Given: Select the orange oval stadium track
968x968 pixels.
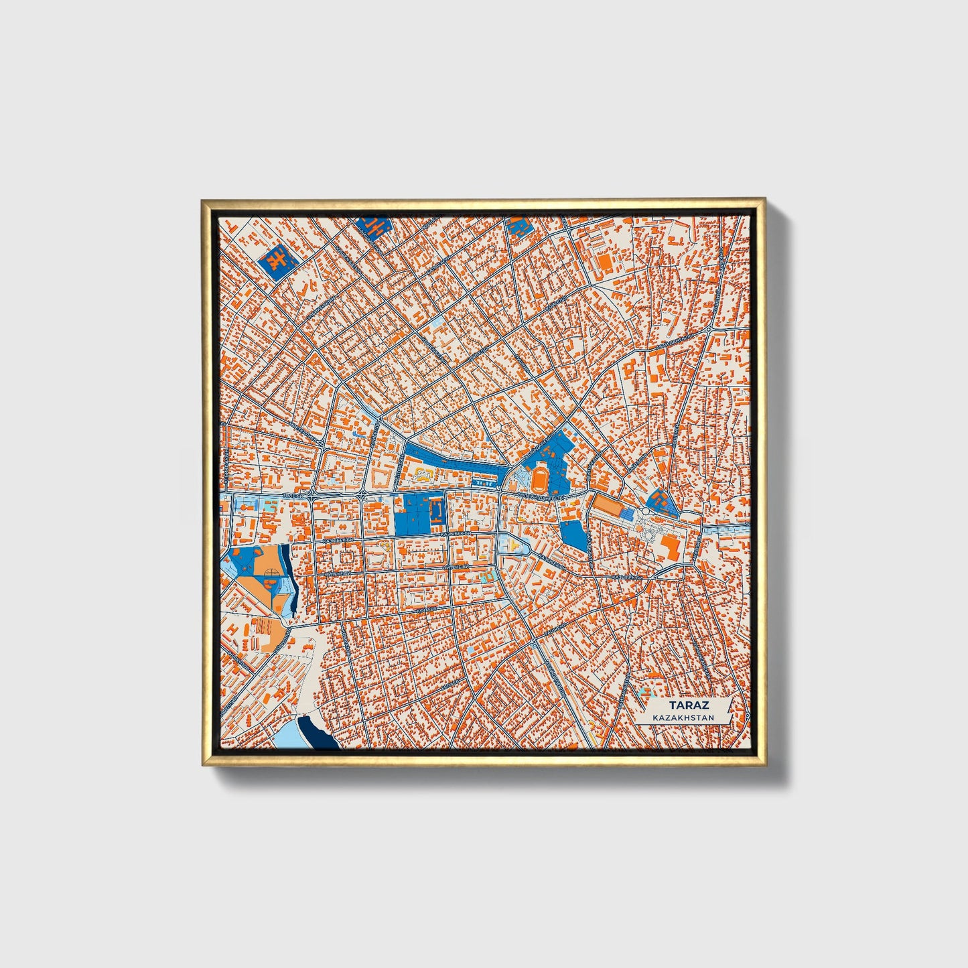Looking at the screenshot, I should (x=540, y=478).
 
